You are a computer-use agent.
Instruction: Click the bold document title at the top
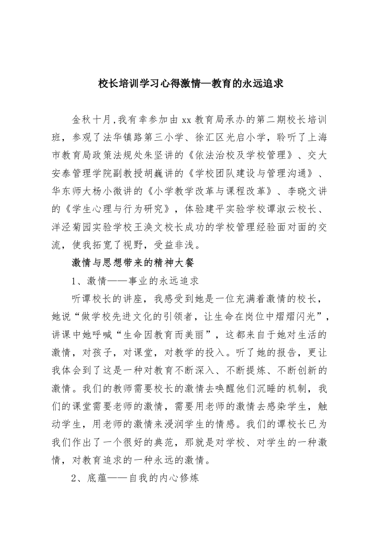pos(191,83)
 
